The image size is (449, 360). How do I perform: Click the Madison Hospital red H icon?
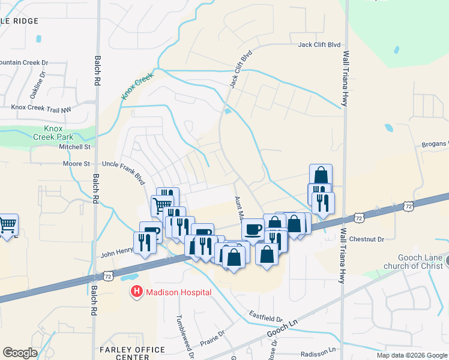[137, 292]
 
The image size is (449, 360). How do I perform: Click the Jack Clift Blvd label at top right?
[319, 45]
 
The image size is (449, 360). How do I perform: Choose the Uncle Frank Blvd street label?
[124, 169]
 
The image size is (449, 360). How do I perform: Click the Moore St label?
[77, 163]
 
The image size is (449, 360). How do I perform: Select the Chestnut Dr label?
[366, 239]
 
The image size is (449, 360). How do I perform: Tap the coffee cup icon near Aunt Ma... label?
[253, 228]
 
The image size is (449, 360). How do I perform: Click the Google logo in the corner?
[20, 353]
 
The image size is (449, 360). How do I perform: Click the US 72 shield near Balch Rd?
[108, 275]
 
